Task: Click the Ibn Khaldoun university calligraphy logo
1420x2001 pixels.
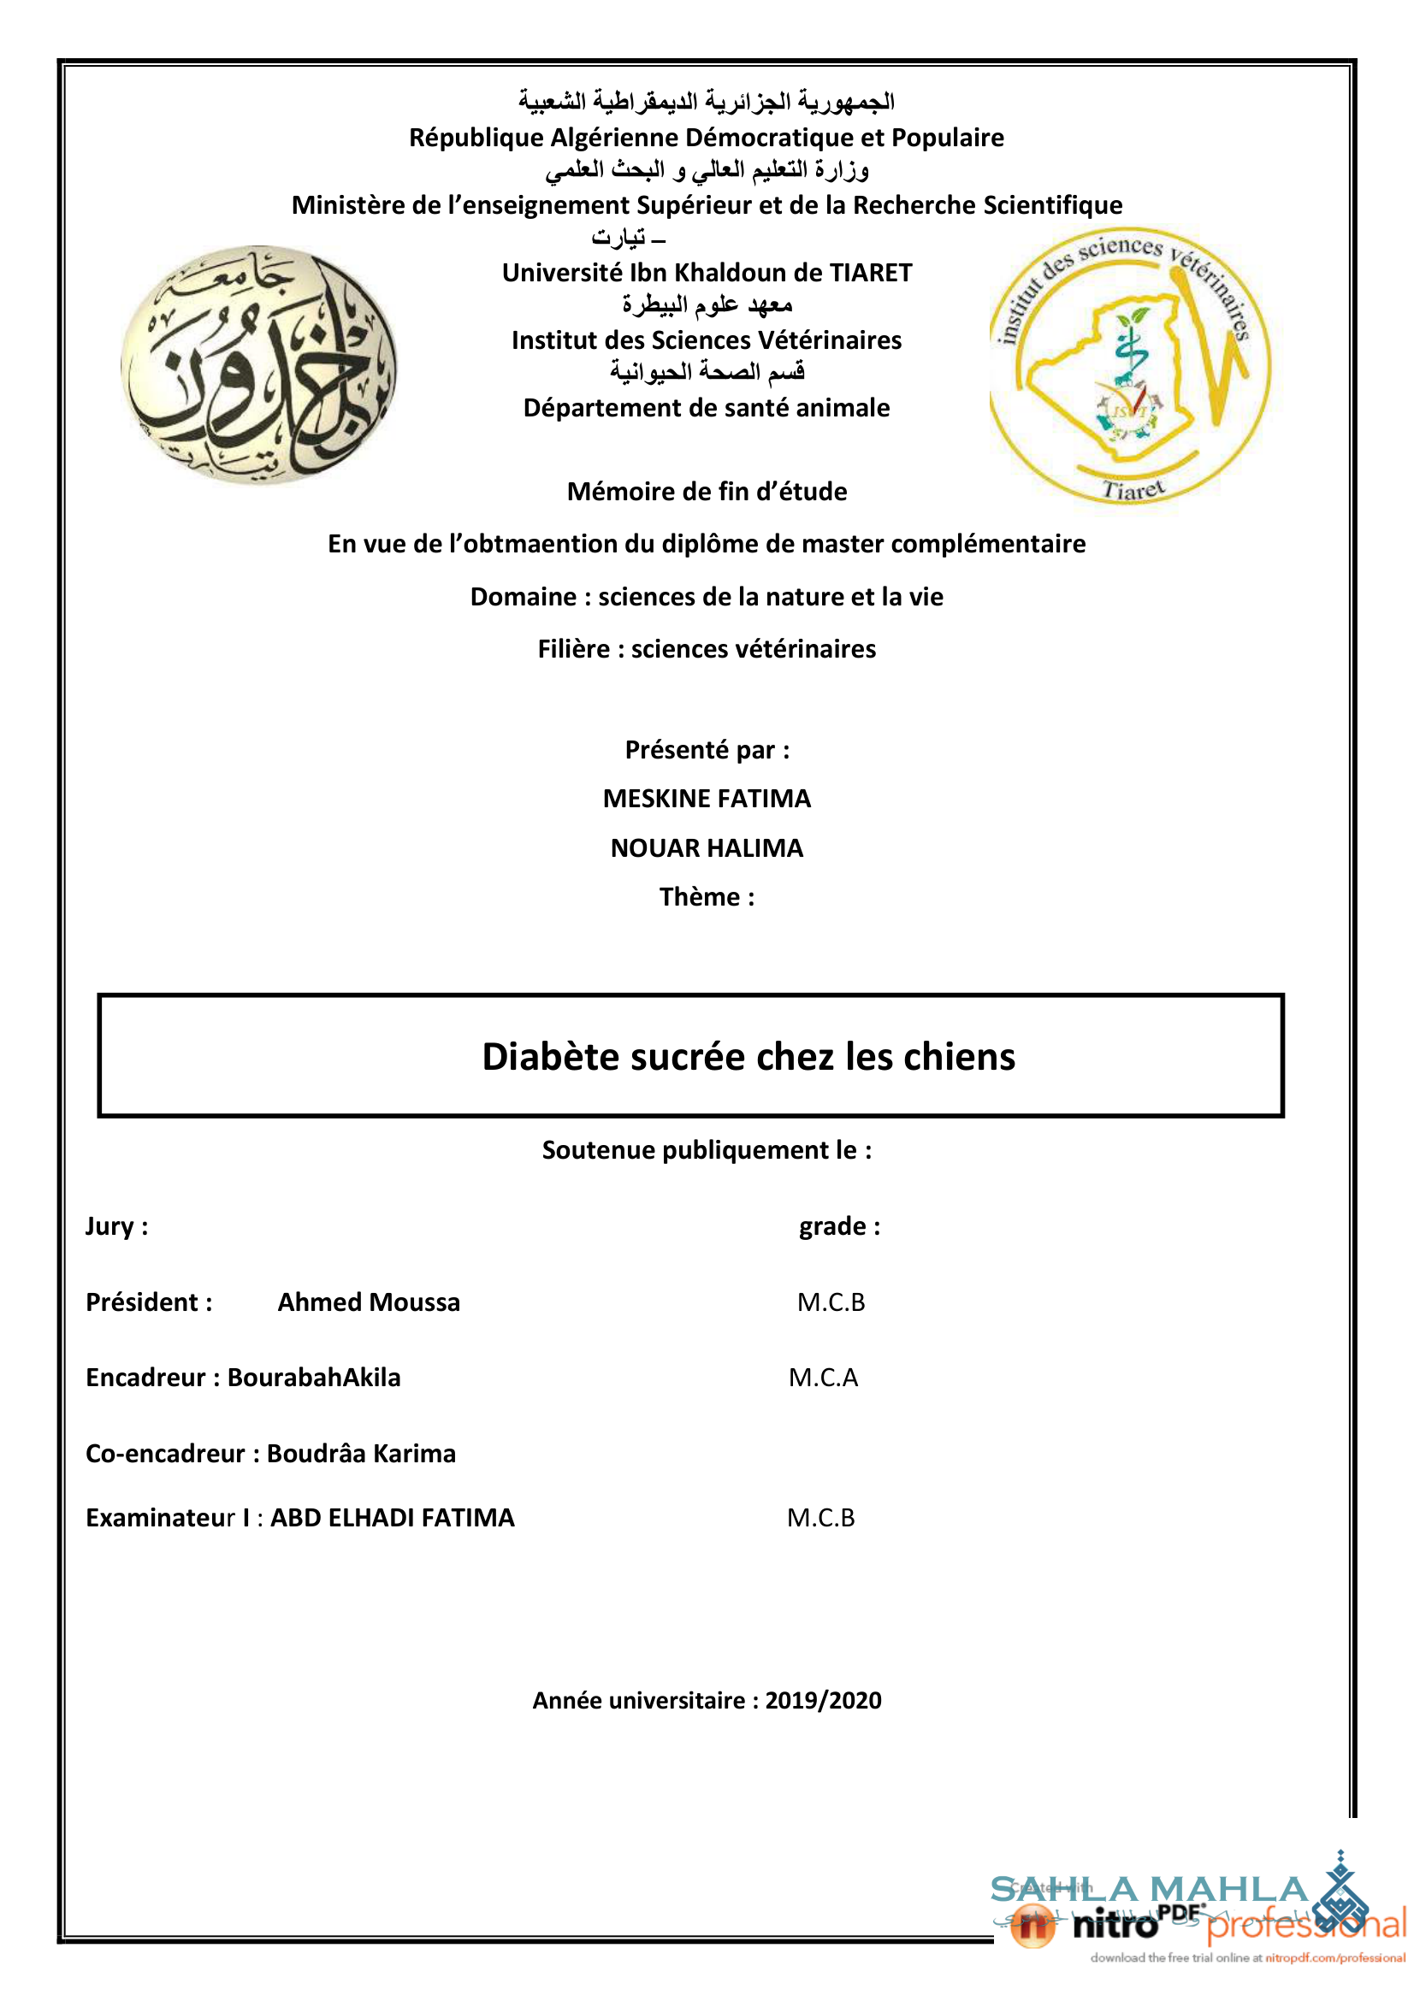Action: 258,364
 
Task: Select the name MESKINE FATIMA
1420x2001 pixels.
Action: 707,798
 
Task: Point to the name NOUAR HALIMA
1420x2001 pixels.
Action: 707,848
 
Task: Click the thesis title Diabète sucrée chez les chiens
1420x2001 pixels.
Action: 748,1056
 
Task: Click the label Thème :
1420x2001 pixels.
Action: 707,897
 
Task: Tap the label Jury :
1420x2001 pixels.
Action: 116,1225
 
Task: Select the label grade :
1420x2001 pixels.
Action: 839,1225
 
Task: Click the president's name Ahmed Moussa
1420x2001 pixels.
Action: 368,1302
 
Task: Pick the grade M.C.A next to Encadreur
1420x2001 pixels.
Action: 823,1377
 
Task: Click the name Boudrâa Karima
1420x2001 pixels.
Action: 361,1453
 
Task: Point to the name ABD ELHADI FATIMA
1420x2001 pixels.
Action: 392,1517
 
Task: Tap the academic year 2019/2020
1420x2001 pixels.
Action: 823,1700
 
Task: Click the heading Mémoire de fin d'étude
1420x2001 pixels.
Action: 707,492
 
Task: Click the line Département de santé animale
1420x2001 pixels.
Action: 707,407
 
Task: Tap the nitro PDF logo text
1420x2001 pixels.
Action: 1115,1924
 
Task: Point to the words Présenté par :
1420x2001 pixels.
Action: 707,749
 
